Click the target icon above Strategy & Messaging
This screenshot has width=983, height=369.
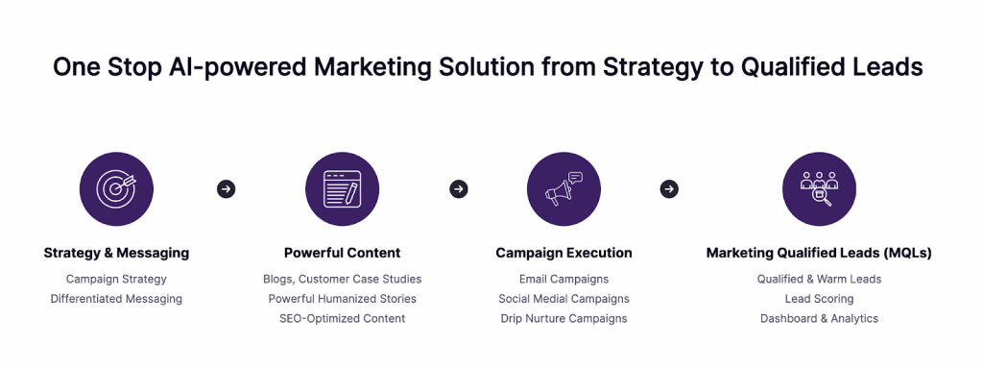pyautogui.click(x=116, y=188)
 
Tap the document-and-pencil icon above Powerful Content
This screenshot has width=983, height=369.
pyautogui.click(x=342, y=188)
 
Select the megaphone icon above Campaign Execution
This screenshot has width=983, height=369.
pyautogui.click(x=563, y=188)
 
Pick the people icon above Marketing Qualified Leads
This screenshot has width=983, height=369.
pyautogui.click(x=819, y=188)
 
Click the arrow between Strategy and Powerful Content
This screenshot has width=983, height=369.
pyautogui.click(x=227, y=189)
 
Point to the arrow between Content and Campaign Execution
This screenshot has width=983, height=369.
pyautogui.click(x=459, y=189)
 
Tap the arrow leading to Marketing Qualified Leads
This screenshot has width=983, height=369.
pyautogui.click(x=669, y=189)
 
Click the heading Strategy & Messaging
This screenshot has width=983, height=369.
pyautogui.click(x=116, y=254)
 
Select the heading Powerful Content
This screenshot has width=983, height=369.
pyautogui.click(x=342, y=254)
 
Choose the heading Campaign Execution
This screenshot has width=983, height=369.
pyautogui.click(x=563, y=254)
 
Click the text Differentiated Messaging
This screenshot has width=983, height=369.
pyautogui.click(x=116, y=299)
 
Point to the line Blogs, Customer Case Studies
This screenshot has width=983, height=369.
pyautogui.click(x=342, y=279)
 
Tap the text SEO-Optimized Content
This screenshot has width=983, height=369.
pyautogui.click(x=342, y=318)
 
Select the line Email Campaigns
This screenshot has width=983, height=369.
pyautogui.click(x=563, y=279)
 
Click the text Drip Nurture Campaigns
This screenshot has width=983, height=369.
pyautogui.click(x=563, y=318)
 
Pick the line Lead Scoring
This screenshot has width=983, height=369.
pyautogui.click(x=819, y=299)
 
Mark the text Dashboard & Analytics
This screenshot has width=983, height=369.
pyautogui.click(x=819, y=318)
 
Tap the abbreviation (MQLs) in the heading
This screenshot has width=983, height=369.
pyautogui.click(x=902, y=254)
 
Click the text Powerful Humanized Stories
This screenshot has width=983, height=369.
pyautogui.click(x=342, y=299)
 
